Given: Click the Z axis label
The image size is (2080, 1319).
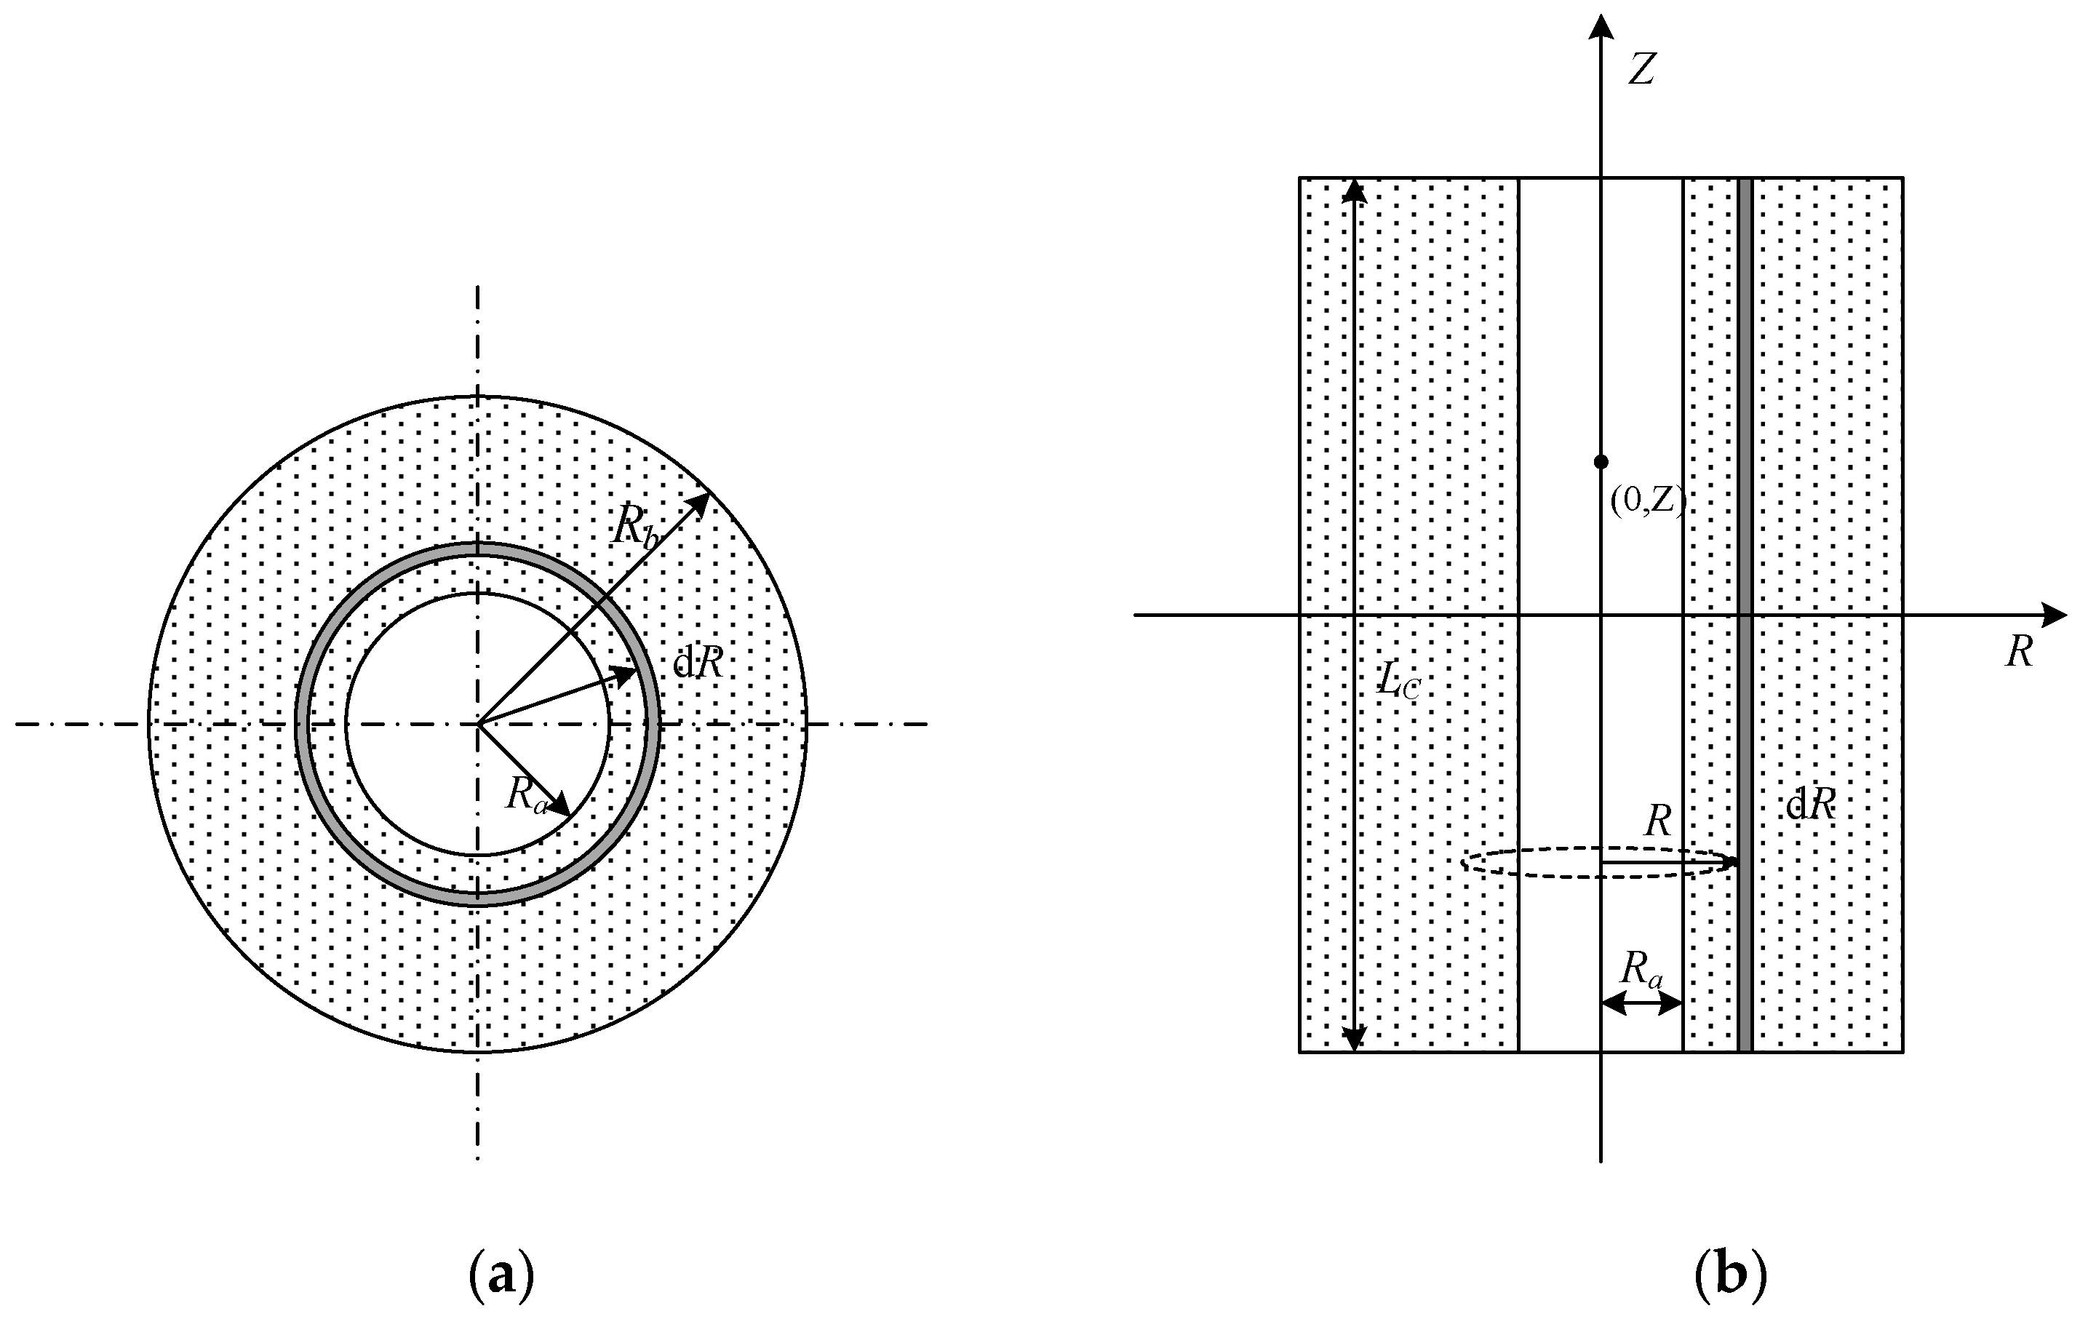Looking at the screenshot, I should [1641, 70].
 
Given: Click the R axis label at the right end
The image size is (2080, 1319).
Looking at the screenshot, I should [2018, 653].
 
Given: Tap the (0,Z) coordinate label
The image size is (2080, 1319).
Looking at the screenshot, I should [1647, 502].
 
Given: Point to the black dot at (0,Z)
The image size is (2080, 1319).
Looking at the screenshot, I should [1601, 462].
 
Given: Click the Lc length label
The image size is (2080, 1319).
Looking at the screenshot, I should [1398, 682].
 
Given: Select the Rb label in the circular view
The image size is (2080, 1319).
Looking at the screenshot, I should [637, 525].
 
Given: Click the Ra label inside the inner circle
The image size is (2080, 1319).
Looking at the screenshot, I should [527, 794].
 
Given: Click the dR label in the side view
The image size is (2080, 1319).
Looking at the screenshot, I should [1809, 806].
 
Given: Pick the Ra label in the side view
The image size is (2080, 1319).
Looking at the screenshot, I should [1641, 968].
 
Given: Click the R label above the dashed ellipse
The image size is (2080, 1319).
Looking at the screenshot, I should [1657, 821].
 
